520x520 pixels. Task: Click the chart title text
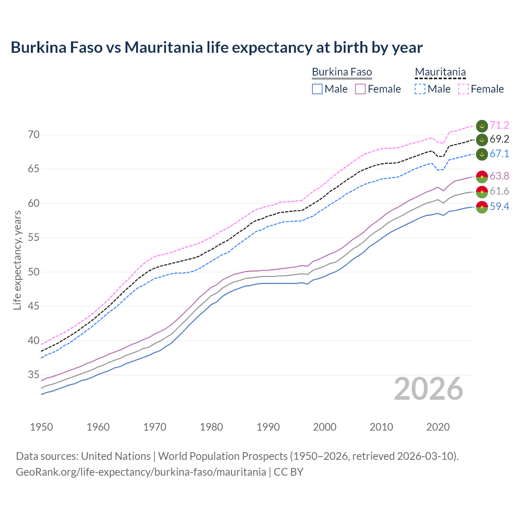217,48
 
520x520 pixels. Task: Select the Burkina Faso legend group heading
342,72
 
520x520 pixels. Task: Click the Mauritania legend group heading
440,72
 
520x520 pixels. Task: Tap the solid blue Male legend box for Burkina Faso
317,89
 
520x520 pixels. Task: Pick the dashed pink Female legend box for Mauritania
464,89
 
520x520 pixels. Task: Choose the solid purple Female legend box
360,89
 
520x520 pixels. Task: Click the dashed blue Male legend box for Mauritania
420,89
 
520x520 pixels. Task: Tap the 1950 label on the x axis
41,427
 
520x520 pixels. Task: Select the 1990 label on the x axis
268,427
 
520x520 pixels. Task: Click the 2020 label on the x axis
438,427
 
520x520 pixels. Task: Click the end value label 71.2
499,126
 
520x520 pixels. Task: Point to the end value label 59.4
499,207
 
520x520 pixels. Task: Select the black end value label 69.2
499,139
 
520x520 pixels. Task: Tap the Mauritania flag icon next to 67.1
482,154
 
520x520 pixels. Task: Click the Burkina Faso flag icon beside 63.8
482,176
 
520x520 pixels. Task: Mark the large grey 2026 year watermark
429,389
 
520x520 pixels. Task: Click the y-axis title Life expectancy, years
17,260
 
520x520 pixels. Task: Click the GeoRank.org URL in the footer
141,472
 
